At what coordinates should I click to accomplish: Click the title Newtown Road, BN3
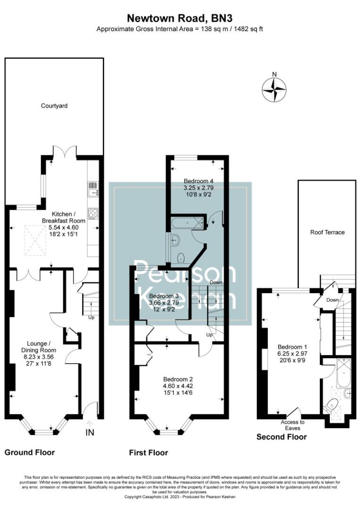(179, 18)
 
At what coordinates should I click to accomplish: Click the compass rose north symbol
(274, 88)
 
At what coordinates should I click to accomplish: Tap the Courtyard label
(54, 106)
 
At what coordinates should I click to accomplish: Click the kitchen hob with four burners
(92, 213)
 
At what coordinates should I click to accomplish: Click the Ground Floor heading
(30, 452)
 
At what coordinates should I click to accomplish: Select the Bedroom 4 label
(199, 181)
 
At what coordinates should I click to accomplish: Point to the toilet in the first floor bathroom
(181, 258)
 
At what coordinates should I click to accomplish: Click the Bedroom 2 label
(178, 379)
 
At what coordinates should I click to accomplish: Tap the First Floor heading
(149, 453)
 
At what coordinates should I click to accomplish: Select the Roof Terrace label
(327, 232)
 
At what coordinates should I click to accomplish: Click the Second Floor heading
(281, 437)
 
